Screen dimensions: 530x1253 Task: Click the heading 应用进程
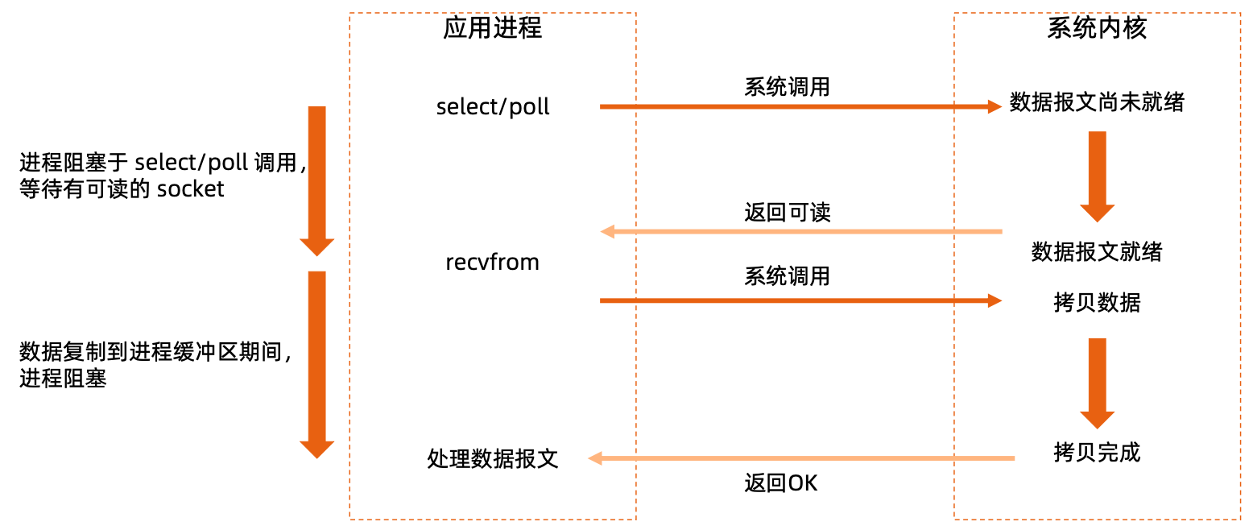coord(492,29)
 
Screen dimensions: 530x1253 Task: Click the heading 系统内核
coord(1097,29)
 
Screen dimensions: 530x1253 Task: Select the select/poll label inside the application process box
coord(493,107)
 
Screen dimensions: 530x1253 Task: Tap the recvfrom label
coord(492,263)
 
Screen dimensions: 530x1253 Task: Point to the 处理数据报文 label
coord(492,459)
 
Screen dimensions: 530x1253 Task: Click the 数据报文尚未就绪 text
coord(1097,104)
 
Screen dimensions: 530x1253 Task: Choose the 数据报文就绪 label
coord(1097,252)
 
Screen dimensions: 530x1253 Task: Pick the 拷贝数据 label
coord(1097,303)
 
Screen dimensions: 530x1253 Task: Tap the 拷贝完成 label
coord(1097,453)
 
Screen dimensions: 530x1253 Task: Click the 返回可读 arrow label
coord(787,213)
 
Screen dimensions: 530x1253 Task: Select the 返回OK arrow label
coord(780,483)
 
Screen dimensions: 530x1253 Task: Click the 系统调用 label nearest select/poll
coord(787,87)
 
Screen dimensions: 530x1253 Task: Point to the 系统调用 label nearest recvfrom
coord(787,277)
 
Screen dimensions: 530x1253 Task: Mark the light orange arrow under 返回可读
coord(801,232)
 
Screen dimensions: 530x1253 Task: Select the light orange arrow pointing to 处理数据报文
coord(801,458)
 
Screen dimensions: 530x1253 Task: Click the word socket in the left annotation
coord(191,189)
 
